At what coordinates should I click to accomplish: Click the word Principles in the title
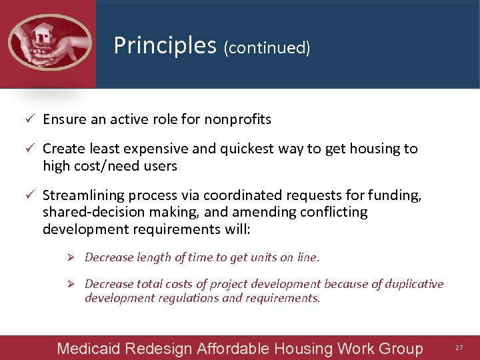(165, 45)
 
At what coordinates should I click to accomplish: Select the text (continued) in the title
(267, 47)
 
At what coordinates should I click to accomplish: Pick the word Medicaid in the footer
(84, 348)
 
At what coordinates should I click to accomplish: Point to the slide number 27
(459, 348)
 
